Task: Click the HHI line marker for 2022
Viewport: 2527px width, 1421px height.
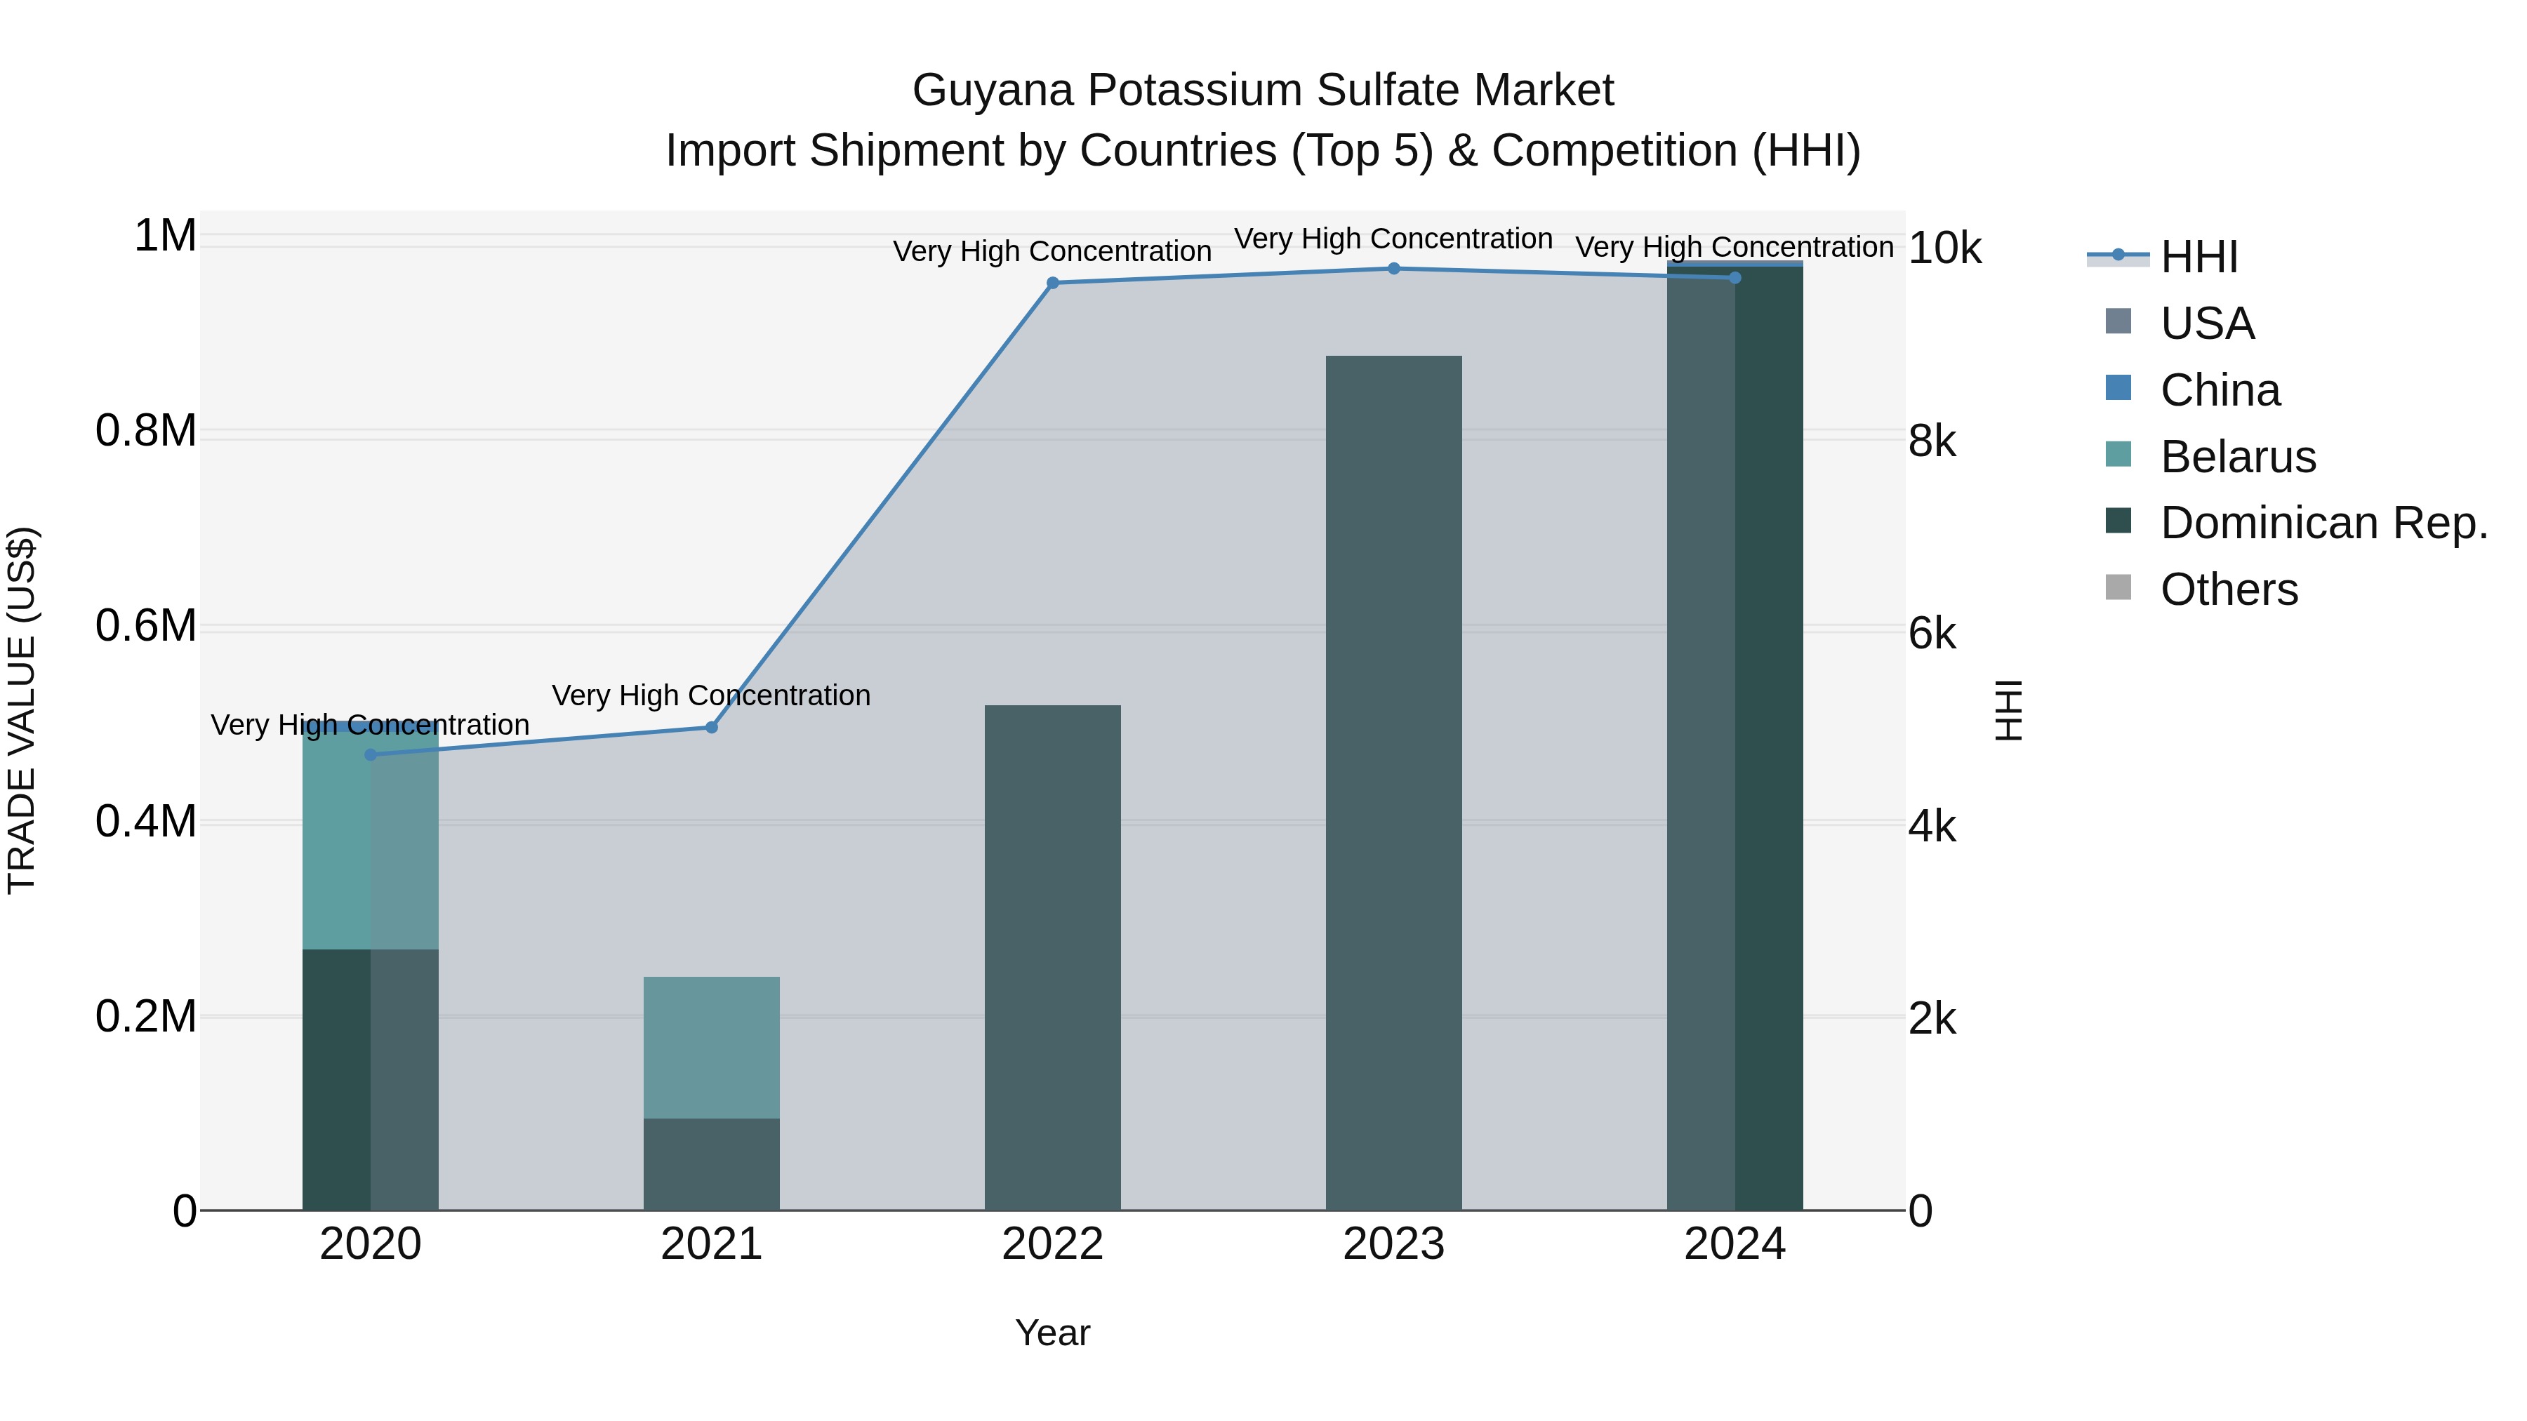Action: [1053, 283]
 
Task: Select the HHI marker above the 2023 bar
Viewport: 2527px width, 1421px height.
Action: [1394, 269]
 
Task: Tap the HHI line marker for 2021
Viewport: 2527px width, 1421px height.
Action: [712, 728]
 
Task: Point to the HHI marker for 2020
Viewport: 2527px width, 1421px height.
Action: [371, 755]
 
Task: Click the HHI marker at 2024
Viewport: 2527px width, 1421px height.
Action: [1735, 279]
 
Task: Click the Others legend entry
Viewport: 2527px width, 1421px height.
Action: [2229, 589]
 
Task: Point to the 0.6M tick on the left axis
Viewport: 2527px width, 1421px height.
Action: [146, 627]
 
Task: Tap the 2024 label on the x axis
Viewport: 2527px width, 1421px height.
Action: [1735, 1244]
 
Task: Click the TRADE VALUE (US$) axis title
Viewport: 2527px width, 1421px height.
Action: [22, 710]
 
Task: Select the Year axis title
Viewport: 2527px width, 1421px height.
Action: [1053, 1333]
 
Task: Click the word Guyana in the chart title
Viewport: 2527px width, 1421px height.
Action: [993, 91]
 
